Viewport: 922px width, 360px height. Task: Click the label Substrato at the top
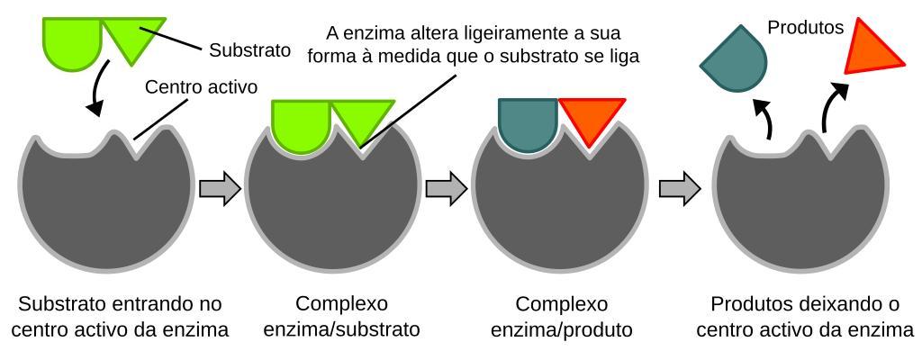pyautogui.click(x=250, y=50)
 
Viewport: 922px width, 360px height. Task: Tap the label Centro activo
pyautogui.click(x=201, y=87)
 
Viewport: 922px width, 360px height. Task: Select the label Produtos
pyautogui.click(x=806, y=28)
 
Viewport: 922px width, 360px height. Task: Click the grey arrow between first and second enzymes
pyautogui.click(x=220, y=189)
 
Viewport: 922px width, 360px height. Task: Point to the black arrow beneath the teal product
pyautogui.click(x=764, y=118)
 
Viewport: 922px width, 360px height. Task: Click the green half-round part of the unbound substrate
pyautogui.click(x=72, y=43)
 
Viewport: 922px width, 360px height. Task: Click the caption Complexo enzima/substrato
pyautogui.click(x=341, y=317)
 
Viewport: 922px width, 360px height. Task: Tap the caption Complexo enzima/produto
pyautogui.click(x=561, y=317)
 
